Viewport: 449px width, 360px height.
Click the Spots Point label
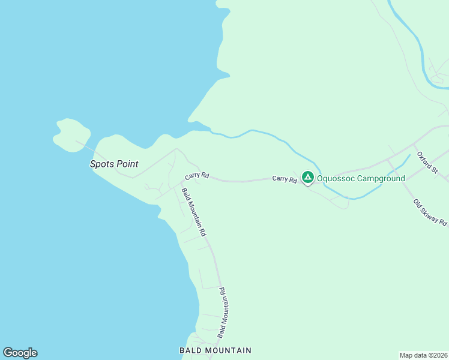(114, 164)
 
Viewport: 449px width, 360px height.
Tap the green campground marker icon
(307, 177)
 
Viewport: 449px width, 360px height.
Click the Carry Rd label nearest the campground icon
(285, 179)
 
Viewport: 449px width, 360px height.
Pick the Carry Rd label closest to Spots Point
(197, 176)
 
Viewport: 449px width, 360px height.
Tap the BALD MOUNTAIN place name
(215, 350)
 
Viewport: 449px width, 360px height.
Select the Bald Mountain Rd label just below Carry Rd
(194, 212)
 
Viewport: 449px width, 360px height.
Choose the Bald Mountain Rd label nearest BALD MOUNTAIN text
(221, 312)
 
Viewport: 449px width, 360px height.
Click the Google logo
(20, 353)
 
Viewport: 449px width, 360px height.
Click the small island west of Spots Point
(71, 134)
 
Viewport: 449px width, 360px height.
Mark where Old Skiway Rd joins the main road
(388, 160)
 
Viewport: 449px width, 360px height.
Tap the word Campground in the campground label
(381, 178)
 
